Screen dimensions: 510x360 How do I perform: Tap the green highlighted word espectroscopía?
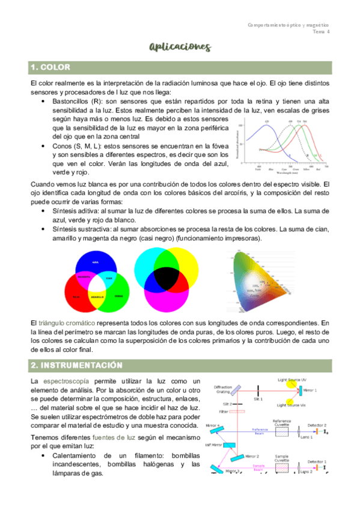pyautogui.click(x=67, y=381)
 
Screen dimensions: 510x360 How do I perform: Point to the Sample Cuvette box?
pyautogui.click(x=282, y=467)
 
